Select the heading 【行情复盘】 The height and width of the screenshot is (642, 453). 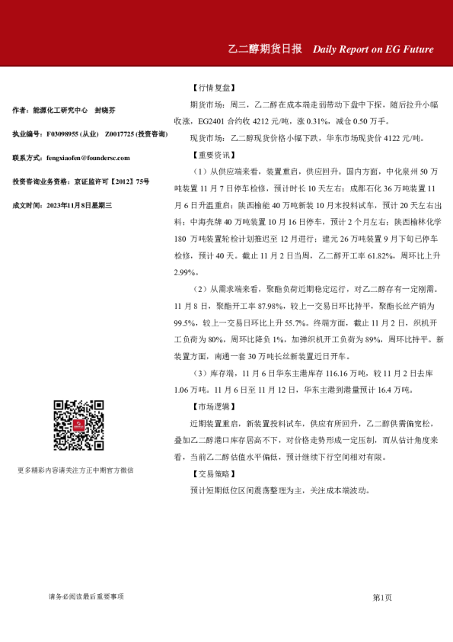[x=209, y=88]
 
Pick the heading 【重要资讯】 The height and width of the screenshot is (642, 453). [x=209, y=155]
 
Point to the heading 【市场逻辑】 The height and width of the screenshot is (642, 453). [x=209, y=406]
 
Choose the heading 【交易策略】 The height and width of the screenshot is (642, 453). [x=209, y=473]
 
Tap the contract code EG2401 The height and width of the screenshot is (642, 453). [x=213, y=121]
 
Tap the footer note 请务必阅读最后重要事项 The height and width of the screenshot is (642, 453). [x=86, y=596]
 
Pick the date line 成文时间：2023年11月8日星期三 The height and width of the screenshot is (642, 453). [x=62, y=205]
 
